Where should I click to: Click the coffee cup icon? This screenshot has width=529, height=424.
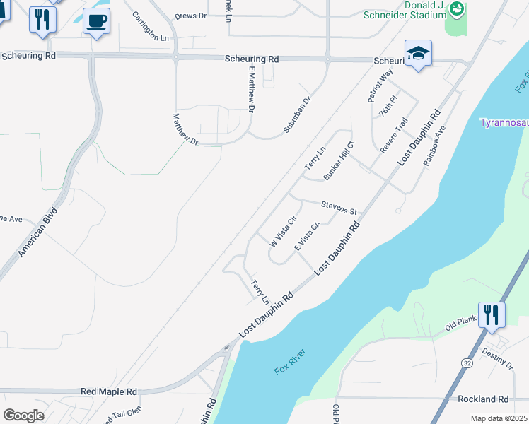click(x=96, y=20)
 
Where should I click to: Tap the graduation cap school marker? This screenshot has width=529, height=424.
click(x=418, y=54)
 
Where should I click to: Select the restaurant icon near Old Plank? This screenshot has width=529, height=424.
click(x=492, y=315)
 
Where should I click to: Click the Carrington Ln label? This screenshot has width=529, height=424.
click(x=151, y=26)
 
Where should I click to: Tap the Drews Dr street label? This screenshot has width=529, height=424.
click(x=190, y=15)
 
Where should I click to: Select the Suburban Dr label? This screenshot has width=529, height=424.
click(x=297, y=111)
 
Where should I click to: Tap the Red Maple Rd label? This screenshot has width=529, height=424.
click(x=108, y=391)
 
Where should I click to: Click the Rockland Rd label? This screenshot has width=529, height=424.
click(x=483, y=399)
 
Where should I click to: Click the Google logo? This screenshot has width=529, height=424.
click(x=23, y=415)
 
